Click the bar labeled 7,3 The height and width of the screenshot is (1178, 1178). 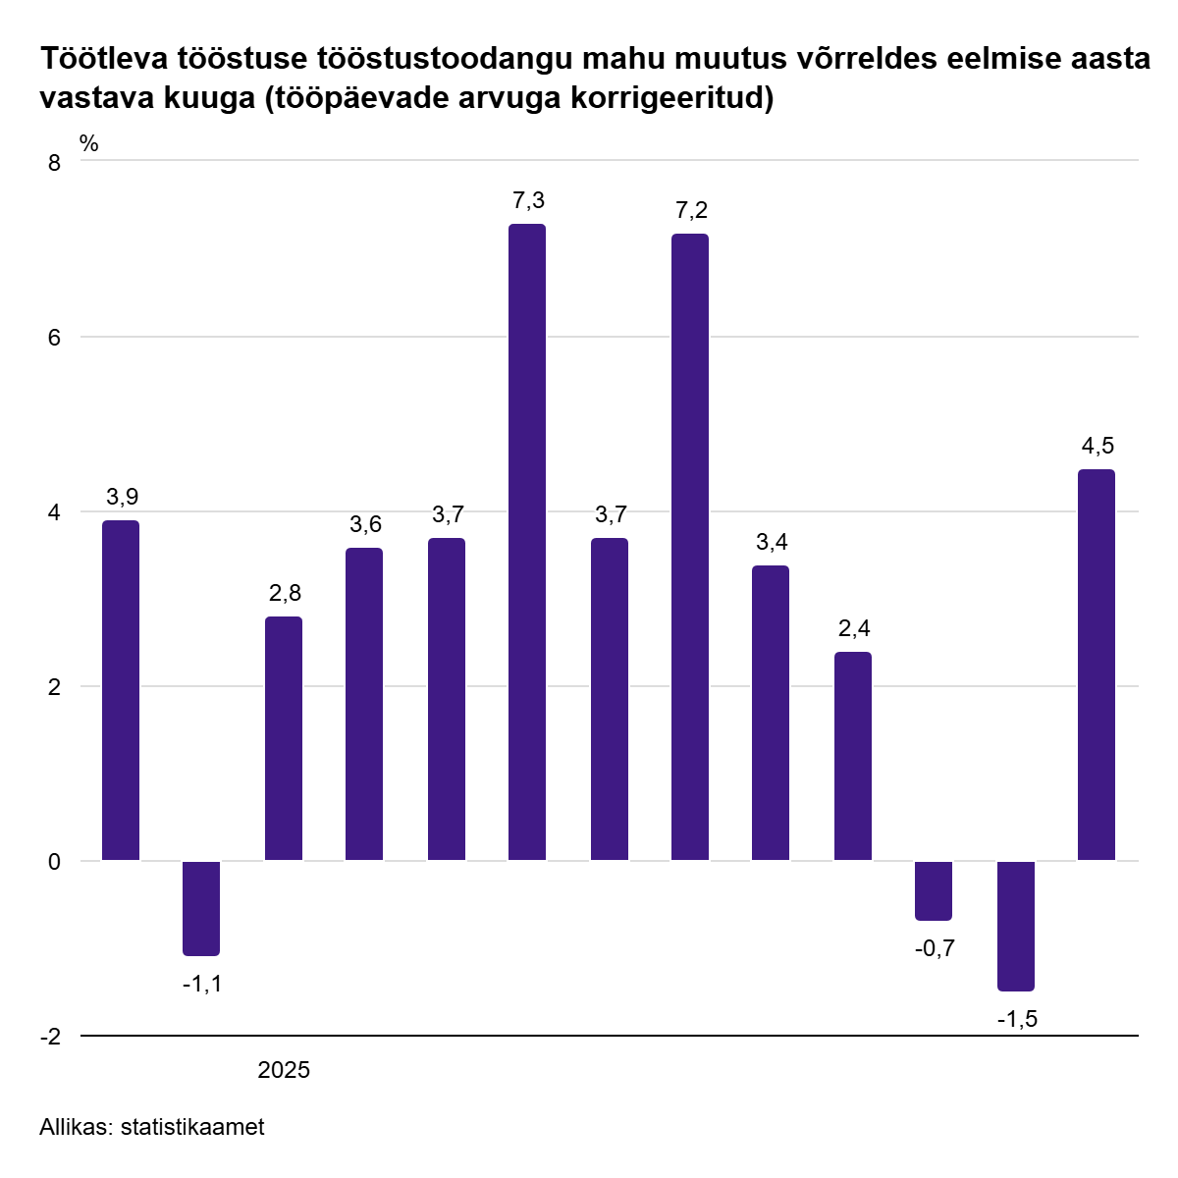[527, 542]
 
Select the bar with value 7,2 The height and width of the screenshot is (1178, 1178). [689, 547]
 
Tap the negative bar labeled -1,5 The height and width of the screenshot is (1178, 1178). [1016, 926]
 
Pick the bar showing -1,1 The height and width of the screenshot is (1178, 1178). [201, 908]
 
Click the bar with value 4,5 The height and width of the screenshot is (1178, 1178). [1097, 665]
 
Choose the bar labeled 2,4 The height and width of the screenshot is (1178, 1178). [853, 756]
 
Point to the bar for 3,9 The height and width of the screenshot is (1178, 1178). [121, 690]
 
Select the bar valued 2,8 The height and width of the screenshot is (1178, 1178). [284, 738]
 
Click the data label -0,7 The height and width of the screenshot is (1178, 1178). [934, 949]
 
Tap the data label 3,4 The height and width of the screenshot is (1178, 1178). [772, 542]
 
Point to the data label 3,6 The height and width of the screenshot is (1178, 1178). [365, 524]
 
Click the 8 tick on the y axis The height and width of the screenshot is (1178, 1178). [55, 163]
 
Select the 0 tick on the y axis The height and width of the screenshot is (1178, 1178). [55, 862]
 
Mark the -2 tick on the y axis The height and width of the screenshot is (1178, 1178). [51, 1037]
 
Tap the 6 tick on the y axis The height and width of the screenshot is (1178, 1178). [55, 338]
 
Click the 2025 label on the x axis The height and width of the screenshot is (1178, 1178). [284, 1070]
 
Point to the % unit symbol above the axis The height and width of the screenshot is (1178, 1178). [89, 143]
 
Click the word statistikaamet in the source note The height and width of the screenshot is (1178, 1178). [192, 1128]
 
